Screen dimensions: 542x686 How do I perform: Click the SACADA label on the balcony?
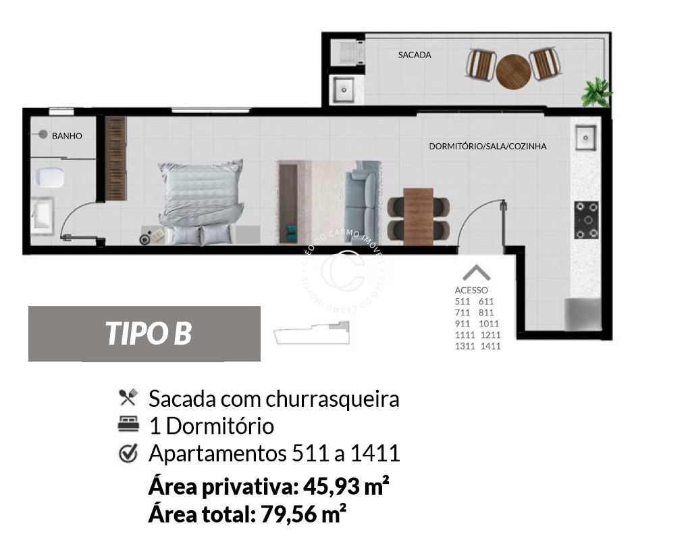(x=414, y=55)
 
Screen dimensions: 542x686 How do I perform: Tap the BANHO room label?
(x=67, y=136)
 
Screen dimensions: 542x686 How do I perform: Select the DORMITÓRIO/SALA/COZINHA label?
(x=487, y=146)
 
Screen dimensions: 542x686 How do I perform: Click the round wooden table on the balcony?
(x=513, y=71)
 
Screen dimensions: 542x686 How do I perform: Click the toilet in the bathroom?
(x=51, y=178)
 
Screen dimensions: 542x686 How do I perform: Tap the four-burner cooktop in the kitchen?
(x=586, y=220)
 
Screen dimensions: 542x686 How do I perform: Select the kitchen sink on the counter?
(x=585, y=139)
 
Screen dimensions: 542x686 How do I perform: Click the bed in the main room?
(x=201, y=200)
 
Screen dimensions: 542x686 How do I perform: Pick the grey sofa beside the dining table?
(x=363, y=202)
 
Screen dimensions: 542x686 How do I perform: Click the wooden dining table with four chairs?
(x=418, y=216)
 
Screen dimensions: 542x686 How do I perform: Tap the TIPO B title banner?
(x=144, y=333)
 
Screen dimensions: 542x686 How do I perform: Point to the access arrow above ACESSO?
(x=477, y=272)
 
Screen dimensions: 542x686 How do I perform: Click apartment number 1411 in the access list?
(x=490, y=346)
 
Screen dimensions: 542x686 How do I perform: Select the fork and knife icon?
(x=128, y=397)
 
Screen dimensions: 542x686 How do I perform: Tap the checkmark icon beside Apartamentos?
(x=128, y=453)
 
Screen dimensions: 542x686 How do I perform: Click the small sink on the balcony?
(x=343, y=88)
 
